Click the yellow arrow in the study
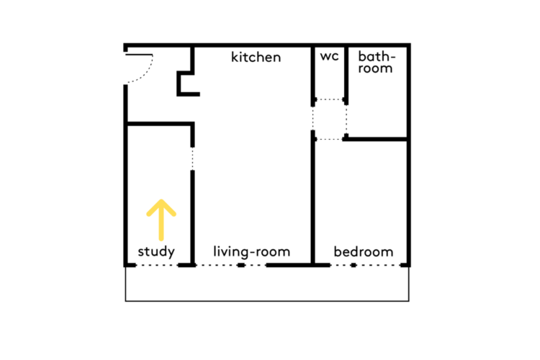pyautogui.click(x=161, y=220)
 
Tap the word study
pyautogui.click(x=156, y=251)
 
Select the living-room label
pyautogui.click(x=251, y=251)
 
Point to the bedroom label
pyautogui.click(x=364, y=251)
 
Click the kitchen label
pyautogui.click(x=256, y=57)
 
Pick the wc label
pyautogui.click(x=329, y=56)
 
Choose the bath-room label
pyautogui.click(x=376, y=63)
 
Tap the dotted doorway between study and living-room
pyautogui.click(x=192, y=158)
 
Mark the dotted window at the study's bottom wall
pyautogui.click(x=157, y=265)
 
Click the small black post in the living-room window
pyautogui.click(x=241, y=265)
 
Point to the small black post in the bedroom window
pyautogui.click(x=354, y=265)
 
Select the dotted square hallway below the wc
pyautogui.click(x=330, y=120)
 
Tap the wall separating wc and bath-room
pyautogui.click(x=346, y=75)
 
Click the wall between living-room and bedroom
pyautogui.click(x=312, y=197)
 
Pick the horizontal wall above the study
pyautogui.click(x=159, y=124)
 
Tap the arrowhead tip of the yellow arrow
pyautogui.click(x=161, y=200)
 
